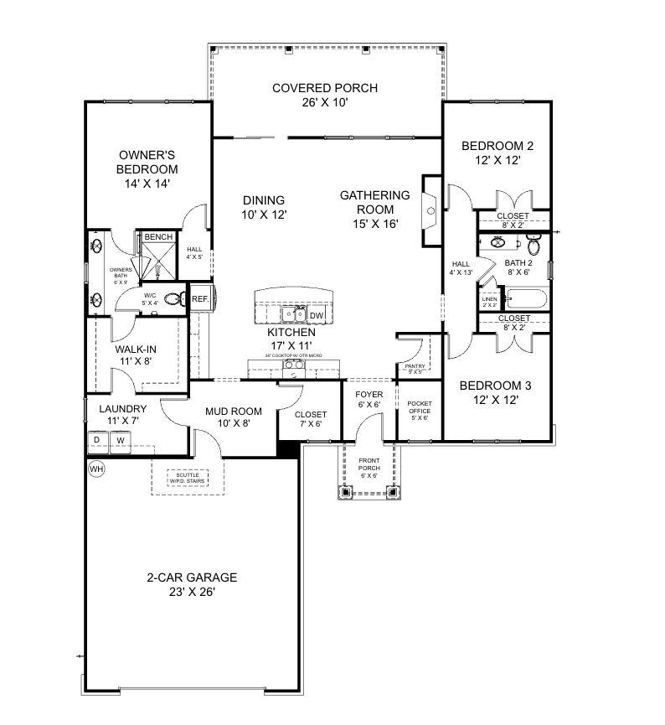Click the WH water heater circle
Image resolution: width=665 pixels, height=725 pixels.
pos(96,469)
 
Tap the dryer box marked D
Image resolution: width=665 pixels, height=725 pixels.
pos(97,439)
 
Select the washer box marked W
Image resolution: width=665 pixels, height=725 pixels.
pos(120,439)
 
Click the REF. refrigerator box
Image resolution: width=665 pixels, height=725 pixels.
pos(200,298)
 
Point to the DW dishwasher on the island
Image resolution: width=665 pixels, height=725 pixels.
pos(317,315)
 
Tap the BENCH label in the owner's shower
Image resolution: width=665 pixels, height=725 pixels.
pos(158,237)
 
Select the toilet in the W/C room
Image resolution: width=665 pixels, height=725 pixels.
pos(173,298)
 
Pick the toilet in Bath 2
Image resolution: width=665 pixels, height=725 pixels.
pos(534,244)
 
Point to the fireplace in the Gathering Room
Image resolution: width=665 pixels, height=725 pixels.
pos(432,212)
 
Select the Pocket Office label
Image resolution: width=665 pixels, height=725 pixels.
pos(419,410)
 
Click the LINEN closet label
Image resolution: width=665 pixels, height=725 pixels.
pos(489,300)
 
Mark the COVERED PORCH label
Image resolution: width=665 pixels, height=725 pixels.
pos(324,88)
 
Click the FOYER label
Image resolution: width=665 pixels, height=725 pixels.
pos(369,394)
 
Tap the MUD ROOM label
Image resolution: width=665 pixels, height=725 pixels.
pos(234,412)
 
